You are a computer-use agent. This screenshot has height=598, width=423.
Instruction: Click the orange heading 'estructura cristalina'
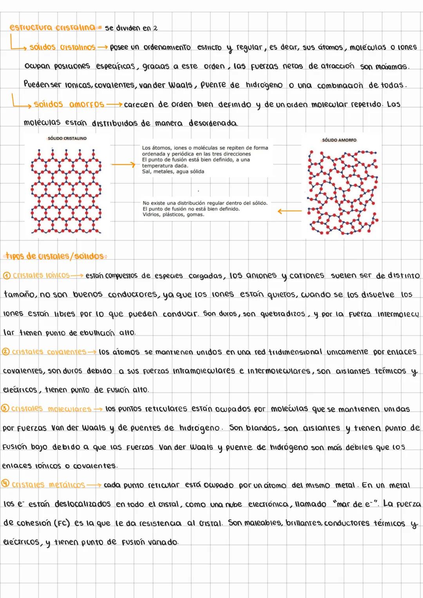click(x=52, y=27)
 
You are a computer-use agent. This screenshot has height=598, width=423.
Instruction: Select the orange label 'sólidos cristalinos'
click(x=62, y=47)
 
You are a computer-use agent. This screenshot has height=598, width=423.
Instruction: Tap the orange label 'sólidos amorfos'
click(x=69, y=104)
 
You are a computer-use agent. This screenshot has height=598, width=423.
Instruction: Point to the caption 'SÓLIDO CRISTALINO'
click(x=67, y=138)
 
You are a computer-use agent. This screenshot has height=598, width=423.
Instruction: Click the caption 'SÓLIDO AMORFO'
click(x=339, y=140)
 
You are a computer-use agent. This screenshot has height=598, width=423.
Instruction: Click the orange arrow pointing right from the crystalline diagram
click(x=123, y=165)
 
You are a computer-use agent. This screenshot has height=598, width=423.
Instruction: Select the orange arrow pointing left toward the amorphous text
click(x=289, y=211)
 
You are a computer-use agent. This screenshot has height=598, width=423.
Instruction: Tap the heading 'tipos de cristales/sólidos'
click(x=55, y=256)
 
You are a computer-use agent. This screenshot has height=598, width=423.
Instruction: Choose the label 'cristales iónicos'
click(x=41, y=275)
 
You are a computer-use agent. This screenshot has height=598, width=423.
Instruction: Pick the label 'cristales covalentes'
click(x=49, y=352)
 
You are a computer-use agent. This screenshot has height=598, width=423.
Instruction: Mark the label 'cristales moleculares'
click(x=51, y=409)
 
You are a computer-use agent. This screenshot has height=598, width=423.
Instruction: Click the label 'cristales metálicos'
click(x=48, y=485)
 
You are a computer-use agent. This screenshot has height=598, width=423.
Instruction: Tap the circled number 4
click(x=6, y=484)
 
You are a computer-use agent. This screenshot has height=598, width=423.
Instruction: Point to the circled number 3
click(x=5, y=408)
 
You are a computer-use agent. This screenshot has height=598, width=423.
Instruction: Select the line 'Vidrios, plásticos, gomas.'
click(x=173, y=215)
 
